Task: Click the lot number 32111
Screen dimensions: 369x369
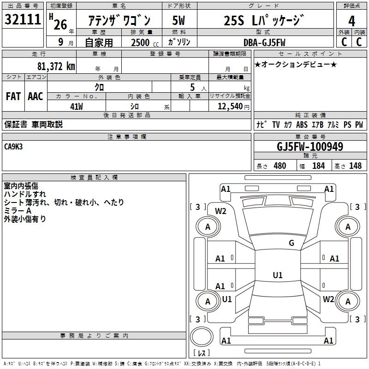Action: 23,19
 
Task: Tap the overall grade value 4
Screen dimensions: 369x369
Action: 351,21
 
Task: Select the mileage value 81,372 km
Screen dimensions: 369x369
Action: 56,66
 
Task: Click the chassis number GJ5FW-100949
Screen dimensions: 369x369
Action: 310,147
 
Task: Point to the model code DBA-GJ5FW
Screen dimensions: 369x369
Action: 264,42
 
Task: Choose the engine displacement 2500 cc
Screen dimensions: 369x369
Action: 145,42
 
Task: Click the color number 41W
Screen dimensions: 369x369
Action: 77,107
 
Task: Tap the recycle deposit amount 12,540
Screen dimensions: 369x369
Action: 230,107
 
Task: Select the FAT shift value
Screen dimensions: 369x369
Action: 13,96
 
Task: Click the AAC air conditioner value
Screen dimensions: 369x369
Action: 36,96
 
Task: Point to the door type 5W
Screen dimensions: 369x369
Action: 179,20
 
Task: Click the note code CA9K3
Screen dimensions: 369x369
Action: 13,147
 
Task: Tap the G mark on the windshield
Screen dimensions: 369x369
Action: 292,243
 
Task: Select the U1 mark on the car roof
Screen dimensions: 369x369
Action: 278,275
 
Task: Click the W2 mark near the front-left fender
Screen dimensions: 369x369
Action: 220,211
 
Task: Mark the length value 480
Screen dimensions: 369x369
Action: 280,166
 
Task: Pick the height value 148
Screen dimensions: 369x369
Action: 355,166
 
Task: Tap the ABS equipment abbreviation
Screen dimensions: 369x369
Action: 302,125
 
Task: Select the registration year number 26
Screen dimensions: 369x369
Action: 60,24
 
